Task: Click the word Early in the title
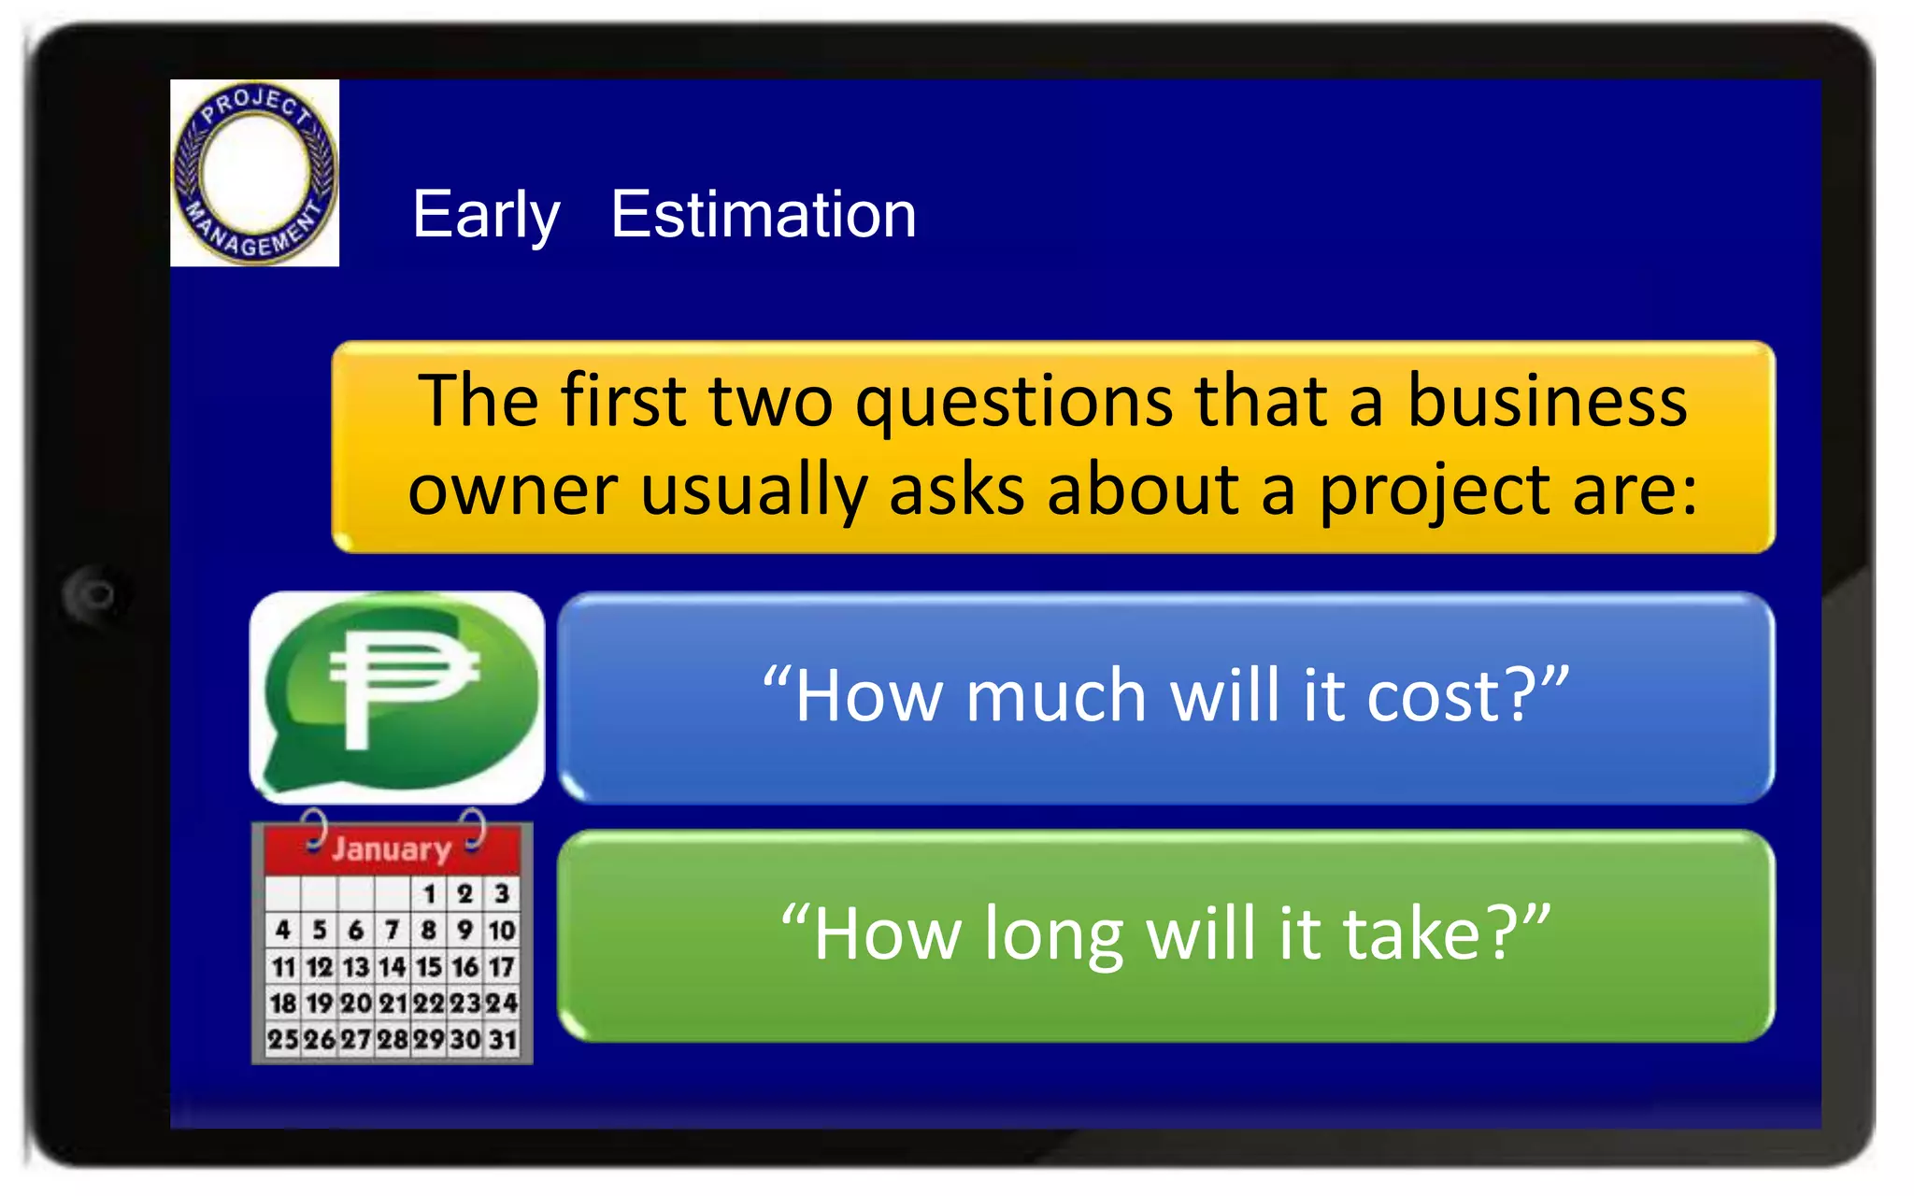point(485,216)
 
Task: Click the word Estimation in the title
point(763,215)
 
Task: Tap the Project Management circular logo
point(254,173)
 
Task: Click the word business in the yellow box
point(1547,400)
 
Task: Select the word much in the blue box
point(1056,696)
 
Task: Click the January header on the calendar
point(392,848)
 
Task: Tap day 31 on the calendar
point(503,1039)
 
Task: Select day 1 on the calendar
point(430,894)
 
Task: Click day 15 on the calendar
point(429,966)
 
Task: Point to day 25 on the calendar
point(283,1039)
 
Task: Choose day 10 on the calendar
point(502,930)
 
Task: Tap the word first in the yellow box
point(622,400)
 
